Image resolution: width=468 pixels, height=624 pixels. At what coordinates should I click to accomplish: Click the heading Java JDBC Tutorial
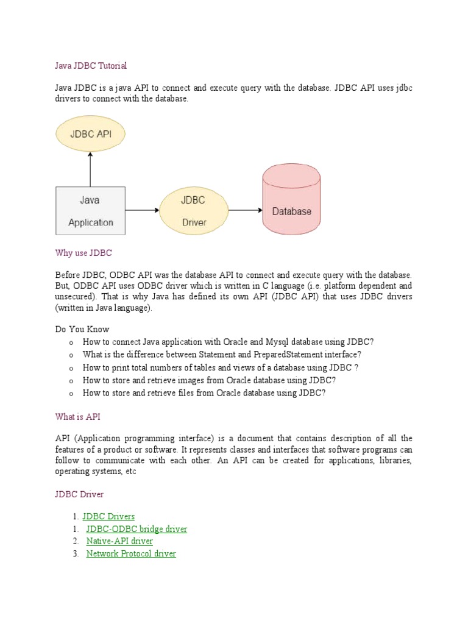point(91,65)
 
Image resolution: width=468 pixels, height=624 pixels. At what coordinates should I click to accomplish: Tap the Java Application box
point(90,210)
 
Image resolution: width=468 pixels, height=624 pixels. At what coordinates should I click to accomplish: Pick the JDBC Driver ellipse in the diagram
point(194,211)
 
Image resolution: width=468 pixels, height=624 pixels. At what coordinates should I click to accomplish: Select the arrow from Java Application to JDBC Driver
point(142,211)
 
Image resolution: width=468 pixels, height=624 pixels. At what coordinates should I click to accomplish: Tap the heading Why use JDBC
point(83,252)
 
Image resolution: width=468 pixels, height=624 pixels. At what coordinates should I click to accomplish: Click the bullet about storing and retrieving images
point(209,380)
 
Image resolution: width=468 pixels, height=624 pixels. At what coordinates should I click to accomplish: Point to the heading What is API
point(77,417)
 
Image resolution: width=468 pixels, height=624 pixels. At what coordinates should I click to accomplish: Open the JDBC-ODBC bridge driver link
point(136,529)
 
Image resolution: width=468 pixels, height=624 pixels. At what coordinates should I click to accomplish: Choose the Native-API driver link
point(119,541)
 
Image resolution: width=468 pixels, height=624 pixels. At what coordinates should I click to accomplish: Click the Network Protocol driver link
point(131,553)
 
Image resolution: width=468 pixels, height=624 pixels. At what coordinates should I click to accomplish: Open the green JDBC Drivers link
point(108,517)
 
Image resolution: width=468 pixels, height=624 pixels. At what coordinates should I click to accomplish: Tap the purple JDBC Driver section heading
point(79,494)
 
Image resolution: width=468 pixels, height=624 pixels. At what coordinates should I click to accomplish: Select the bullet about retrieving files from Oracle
point(204,393)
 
